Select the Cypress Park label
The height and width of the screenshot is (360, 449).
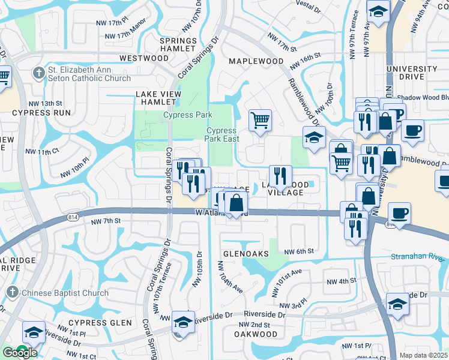[x=188, y=115]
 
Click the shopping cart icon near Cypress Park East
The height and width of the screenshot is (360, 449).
[x=261, y=119]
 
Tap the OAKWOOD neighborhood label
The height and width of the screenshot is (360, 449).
[x=255, y=334]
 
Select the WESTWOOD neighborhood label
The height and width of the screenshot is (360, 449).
[x=144, y=58]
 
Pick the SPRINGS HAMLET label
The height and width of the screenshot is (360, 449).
[x=178, y=44]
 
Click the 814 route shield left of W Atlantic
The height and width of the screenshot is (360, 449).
[x=73, y=215]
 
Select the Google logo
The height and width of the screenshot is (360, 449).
[x=19, y=353]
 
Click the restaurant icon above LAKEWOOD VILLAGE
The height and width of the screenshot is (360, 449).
[x=280, y=176]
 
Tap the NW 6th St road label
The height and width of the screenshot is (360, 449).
[x=298, y=251]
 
